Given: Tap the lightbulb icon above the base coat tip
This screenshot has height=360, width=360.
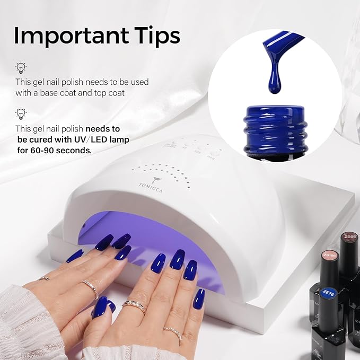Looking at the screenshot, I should [x=21, y=67].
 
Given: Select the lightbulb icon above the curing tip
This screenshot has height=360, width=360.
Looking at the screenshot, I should [x=21, y=113].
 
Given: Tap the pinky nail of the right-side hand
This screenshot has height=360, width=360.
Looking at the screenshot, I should [x=199, y=298].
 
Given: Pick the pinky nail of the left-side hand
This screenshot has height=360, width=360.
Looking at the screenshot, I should [x=75, y=256].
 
